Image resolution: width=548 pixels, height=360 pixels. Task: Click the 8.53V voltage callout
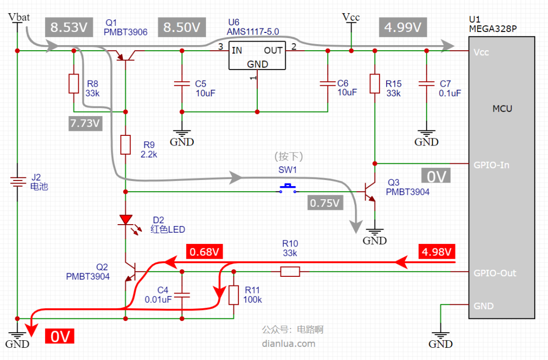click(69, 27)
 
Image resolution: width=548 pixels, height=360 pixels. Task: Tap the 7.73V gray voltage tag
click(85, 123)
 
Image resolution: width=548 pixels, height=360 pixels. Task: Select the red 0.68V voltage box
click(204, 251)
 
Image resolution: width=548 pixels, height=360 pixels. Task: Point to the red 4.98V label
click(436, 251)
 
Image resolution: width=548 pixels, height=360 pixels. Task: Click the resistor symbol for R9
click(125, 145)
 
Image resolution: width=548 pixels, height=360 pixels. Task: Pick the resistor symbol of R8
click(74, 84)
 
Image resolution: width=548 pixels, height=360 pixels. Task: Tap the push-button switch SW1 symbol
click(288, 189)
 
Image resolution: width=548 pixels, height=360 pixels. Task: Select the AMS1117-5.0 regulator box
click(257, 55)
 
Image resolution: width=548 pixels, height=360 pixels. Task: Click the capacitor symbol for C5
click(182, 84)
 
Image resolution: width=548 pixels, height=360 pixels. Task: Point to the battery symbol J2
click(17, 182)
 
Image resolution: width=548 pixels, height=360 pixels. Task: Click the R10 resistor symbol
click(290, 272)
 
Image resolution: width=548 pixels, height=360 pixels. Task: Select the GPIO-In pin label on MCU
click(491, 165)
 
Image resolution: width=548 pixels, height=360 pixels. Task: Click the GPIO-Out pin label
click(495, 273)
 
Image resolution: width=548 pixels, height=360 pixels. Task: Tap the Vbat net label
click(19, 17)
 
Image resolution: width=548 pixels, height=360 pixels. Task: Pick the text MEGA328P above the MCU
click(493, 28)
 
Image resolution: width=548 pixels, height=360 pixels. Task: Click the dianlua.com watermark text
click(289, 344)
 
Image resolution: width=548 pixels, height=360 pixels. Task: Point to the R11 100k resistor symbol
click(233, 295)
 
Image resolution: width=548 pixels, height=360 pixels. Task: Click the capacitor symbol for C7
click(426, 84)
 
